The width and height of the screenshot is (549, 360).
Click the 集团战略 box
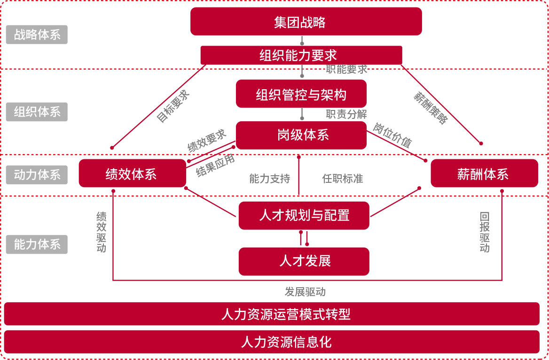click(x=306, y=22)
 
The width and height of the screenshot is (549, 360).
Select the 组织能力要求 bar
click(x=301, y=55)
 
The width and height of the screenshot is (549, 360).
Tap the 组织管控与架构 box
click(x=301, y=94)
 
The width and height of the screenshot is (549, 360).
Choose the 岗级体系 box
click(x=301, y=135)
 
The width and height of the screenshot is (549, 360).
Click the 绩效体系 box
click(x=132, y=173)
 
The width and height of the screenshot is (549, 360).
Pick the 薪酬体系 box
click(x=484, y=173)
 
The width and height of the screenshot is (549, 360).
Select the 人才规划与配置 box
click(x=304, y=216)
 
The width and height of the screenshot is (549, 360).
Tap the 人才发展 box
click(x=304, y=261)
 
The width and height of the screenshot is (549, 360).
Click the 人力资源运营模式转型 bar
click(x=272, y=314)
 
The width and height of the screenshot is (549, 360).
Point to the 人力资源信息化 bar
click(x=272, y=342)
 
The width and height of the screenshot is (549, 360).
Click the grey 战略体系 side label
click(x=37, y=35)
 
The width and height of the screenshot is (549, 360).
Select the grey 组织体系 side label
click(x=37, y=112)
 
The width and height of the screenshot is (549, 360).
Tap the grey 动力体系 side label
click(x=37, y=175)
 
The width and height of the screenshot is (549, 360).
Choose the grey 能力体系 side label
click(x=37, y=244)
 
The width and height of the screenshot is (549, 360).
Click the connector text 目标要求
click(x=173, y=106)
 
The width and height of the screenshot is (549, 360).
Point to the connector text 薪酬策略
click(x=431, y=108)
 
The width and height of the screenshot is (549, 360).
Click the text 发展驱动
click(x=305, y=292)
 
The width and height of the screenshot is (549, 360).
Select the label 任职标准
click(x=342, y=179)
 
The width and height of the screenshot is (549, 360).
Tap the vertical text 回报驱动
click(x=485, y=233)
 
